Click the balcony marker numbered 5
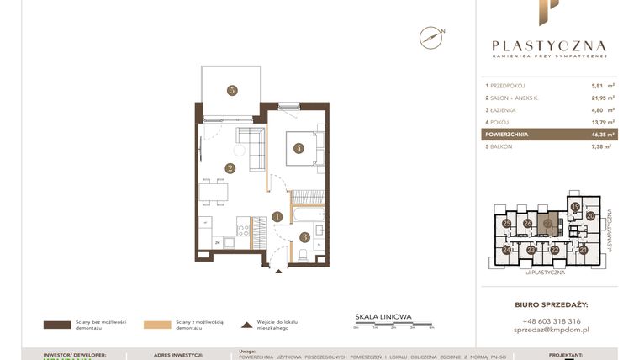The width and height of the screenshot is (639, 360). (x=231, y=90)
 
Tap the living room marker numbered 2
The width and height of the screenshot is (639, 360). (x=229, y=167)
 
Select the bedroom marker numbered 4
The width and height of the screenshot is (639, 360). (x=298, y=149)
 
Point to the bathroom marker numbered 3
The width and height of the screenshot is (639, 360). (x=304, y=236)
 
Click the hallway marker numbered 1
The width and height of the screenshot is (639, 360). (x=277, y=217)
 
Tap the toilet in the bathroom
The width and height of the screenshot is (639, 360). (x=304, y=254)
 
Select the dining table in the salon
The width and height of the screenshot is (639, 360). (x=214, y=192)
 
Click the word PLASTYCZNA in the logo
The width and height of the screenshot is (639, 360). (x=549, y=46)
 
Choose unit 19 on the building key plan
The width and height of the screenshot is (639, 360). (x=575, y=207)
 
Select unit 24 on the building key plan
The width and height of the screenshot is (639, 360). (x=506, y=250)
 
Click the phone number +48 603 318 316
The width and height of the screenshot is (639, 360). (x=551, y=321)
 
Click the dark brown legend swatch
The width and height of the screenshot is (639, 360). (x=56, y=324)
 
